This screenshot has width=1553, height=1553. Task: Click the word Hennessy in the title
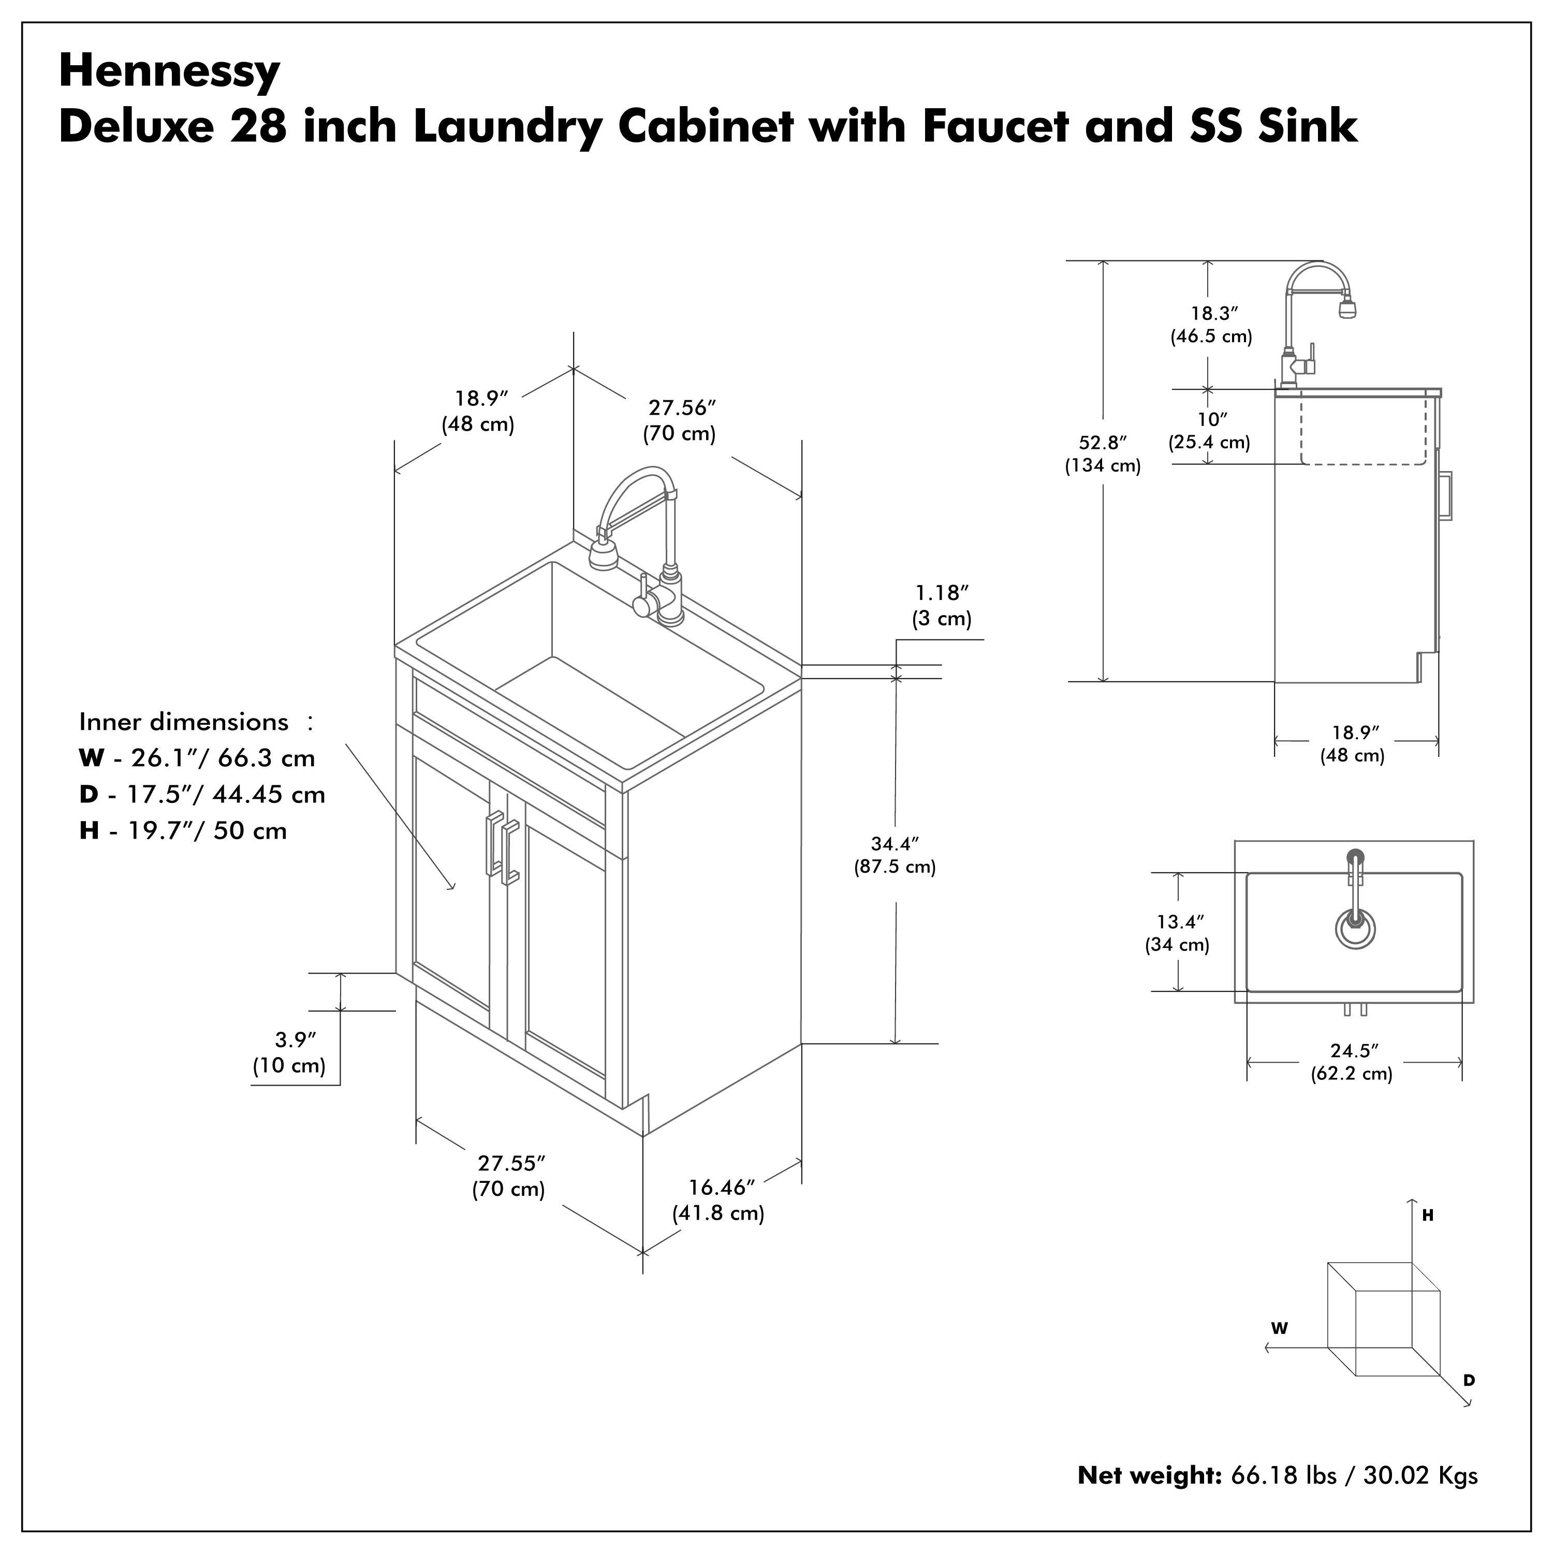[170, 71]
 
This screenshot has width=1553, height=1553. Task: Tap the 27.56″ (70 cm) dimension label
[681, 420]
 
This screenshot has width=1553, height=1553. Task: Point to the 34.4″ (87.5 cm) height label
[895, 855]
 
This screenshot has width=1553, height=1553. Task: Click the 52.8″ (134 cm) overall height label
[1103, 454]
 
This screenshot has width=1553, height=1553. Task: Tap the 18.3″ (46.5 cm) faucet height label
[1211, 325]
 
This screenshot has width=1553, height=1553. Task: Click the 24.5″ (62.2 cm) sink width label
[1353, 1062]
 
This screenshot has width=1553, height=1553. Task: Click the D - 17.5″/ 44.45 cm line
[202, 794]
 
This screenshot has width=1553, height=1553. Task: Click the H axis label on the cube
[1428, 1216]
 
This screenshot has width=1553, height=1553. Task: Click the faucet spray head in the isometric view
[603, 554]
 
